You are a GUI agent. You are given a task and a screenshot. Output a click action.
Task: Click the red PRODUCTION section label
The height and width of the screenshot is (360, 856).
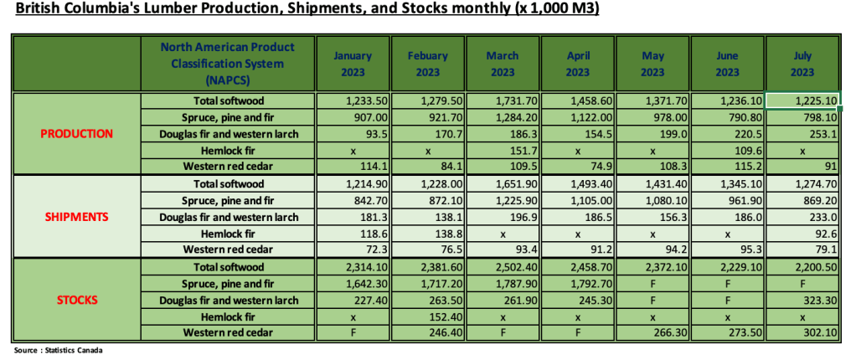pos(77,133)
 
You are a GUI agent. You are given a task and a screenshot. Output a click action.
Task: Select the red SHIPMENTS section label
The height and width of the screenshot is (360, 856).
pos(77,215)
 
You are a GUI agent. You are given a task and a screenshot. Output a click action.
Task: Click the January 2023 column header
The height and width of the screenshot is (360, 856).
pos(353,64)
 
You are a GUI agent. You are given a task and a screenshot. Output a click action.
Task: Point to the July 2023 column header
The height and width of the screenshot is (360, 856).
pos(802,64)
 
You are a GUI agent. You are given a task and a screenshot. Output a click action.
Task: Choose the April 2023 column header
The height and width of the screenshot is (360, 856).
pos(578,64)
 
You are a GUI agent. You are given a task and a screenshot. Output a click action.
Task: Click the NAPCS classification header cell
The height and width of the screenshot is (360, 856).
pos(227,63)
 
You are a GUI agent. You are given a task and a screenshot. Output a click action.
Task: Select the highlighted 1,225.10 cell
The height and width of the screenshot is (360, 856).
pos(802,100)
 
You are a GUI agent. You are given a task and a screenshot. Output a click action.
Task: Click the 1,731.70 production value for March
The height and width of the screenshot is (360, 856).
pos(503,100)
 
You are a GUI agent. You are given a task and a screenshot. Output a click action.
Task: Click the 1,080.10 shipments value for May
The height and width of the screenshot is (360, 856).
pos(652,199)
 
